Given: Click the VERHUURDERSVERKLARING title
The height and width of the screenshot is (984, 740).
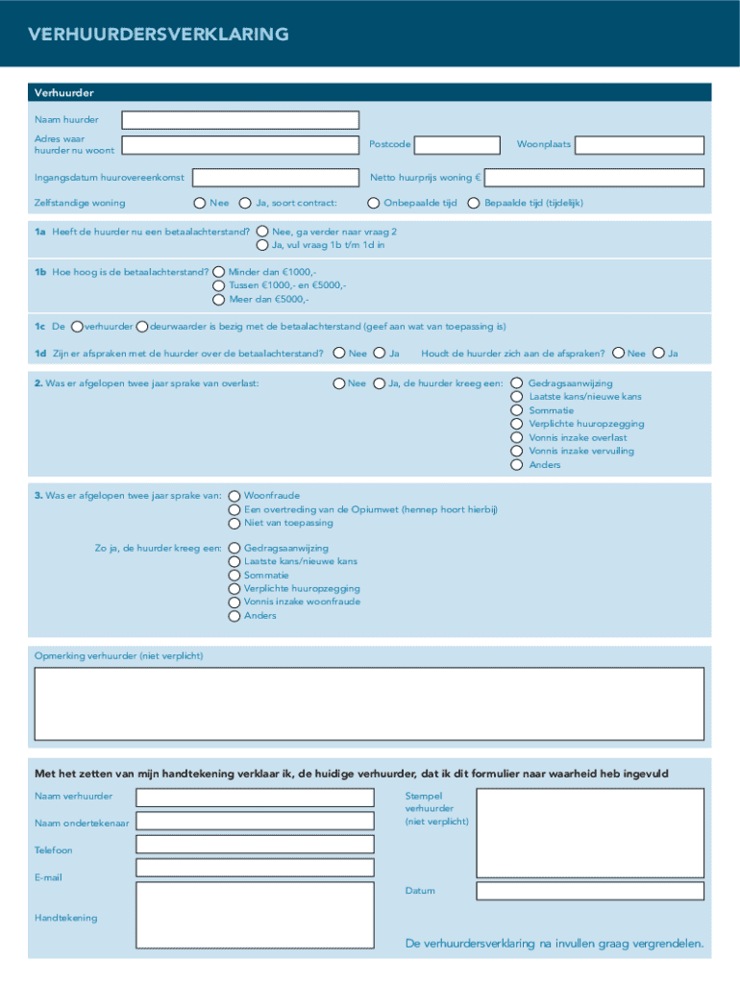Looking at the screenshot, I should click(x=159, y=35).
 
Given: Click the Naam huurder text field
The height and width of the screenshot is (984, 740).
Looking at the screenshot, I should click(x=239, y=120).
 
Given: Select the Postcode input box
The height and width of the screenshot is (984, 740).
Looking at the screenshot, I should click(x=457, y=145).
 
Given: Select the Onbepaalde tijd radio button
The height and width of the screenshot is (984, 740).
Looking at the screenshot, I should click(x=374, y=203).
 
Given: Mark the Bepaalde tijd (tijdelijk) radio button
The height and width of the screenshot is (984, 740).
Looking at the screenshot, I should click(x=474, y=203).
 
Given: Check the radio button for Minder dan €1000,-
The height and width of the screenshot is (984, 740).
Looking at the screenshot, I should click(x=218, y=272).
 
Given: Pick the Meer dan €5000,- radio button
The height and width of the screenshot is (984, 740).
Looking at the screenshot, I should click(x=218, y=299).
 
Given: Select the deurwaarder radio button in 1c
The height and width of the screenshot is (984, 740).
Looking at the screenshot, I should click(x=142, y=327).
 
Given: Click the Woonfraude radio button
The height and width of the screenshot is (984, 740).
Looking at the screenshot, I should click(x=234, y=496).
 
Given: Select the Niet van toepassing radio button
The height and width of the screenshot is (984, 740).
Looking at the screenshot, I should click(x=234, y=523).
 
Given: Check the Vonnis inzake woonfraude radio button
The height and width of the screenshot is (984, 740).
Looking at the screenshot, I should click(x=234, y=602).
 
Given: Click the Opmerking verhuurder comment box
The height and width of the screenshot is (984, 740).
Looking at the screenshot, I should click(x=369, y=702).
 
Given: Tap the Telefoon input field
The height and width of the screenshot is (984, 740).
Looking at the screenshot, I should click(x=255, y=844).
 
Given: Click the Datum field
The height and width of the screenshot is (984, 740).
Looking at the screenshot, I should click(x=589, y=891).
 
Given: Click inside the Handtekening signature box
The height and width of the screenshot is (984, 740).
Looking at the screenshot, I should click(x=255, y=915).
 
